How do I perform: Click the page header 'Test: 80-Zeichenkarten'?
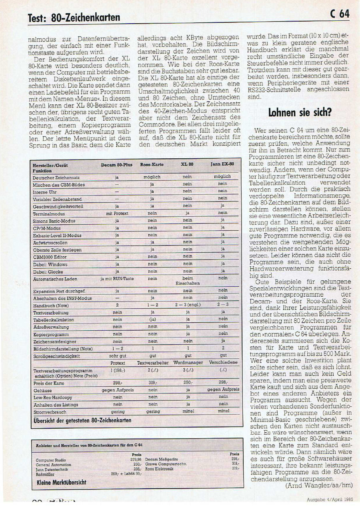74,17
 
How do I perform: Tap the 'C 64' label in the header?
340,14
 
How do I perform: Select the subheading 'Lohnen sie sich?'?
300,112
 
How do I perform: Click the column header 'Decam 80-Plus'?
117,164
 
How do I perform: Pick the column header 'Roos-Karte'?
152,164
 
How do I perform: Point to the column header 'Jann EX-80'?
222,164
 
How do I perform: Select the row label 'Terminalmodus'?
49,214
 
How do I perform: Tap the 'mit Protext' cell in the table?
117,214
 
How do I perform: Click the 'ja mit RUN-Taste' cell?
117,279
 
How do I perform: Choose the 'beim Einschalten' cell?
187,281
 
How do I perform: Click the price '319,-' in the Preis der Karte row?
152,382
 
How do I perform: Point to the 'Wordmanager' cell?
187,363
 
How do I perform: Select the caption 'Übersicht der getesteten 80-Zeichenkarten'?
82,420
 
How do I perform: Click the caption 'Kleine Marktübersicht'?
61,482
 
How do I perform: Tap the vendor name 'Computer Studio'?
51,460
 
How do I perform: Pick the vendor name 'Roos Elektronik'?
159,469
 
